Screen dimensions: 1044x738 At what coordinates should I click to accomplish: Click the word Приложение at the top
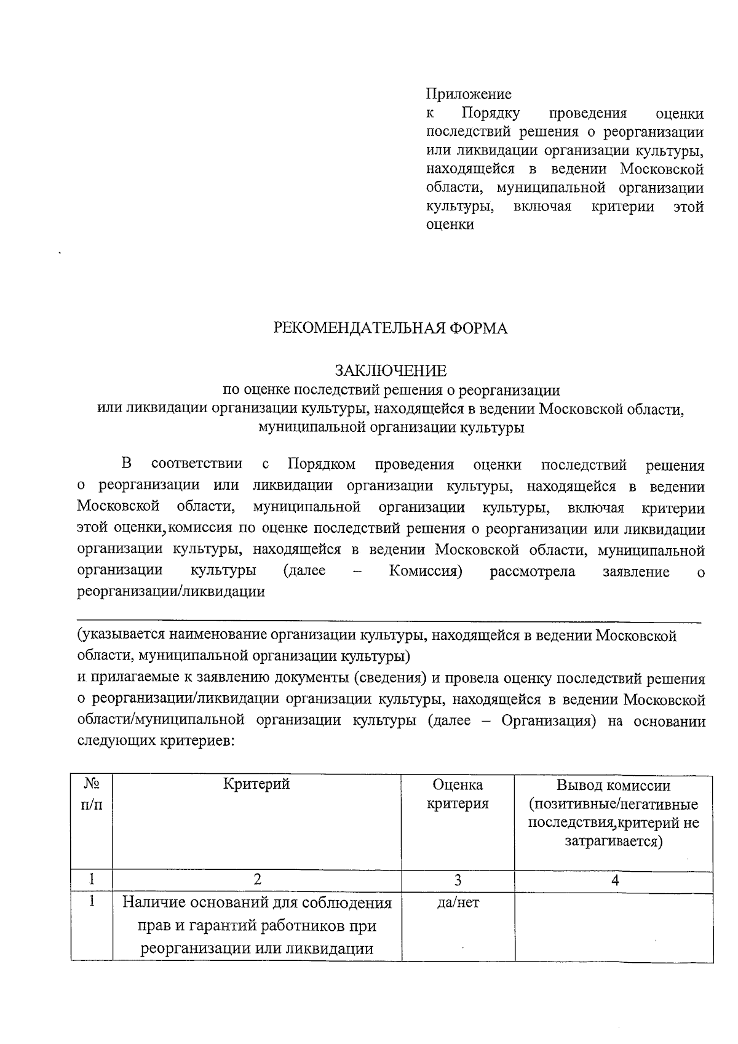click(469, 95)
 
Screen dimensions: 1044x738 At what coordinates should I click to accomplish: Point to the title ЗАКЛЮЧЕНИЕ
click(391, 371)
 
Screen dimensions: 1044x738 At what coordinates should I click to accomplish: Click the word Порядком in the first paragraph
click(322, 464)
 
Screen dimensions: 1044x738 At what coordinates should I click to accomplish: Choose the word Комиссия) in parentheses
click(426, 571)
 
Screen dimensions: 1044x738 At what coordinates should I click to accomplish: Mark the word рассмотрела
click(532, 572)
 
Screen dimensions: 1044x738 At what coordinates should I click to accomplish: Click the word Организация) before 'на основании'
click(549, 720)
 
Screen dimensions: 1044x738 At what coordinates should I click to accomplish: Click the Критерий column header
click(256, 784)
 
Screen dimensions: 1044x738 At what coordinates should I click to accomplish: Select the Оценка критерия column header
click(458, 794)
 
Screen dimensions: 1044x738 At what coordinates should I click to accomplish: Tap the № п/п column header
click(92, 794)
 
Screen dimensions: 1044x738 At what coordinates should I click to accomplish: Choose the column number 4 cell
click(614, 880)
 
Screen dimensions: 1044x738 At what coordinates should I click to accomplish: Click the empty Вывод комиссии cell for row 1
click(614, 926)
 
